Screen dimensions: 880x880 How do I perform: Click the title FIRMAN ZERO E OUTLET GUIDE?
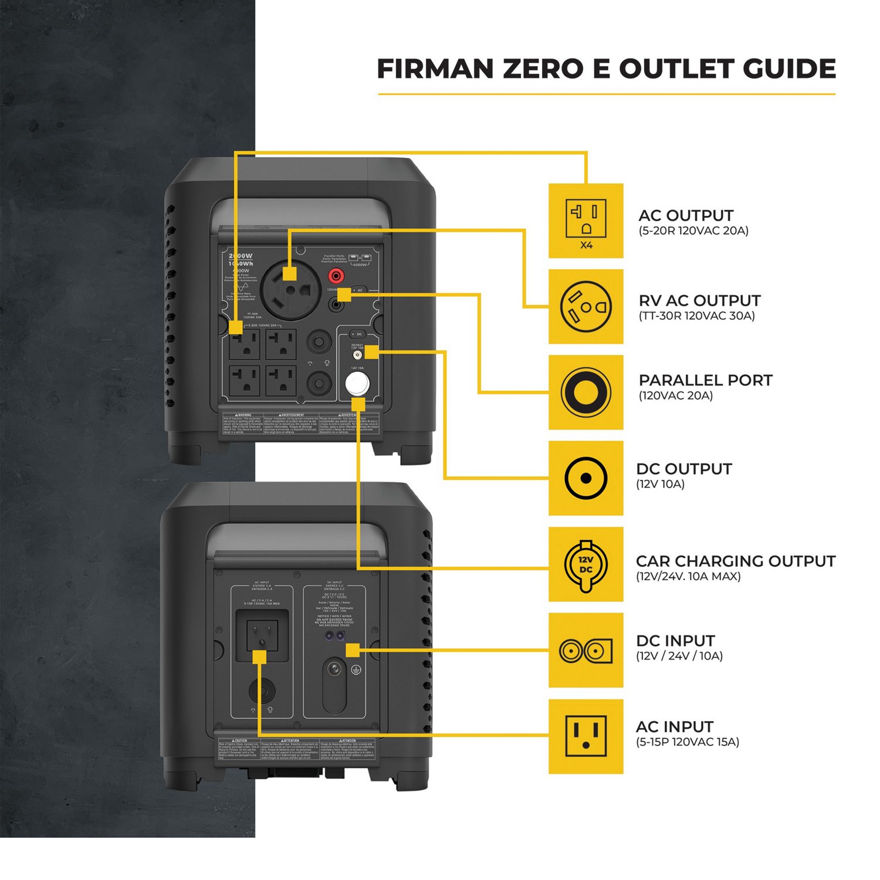(x=606, y=69)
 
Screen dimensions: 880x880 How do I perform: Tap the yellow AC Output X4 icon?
(x=585, y=221)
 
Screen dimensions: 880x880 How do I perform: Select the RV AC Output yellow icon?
(x=585, y=306)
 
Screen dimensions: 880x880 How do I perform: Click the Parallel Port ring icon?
(x=585, y=392)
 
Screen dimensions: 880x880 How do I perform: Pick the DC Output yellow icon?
(x=585, y=478)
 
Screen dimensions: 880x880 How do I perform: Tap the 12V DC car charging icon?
(x=585, y=564)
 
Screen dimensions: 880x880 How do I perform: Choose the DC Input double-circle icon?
(x=585, y=650)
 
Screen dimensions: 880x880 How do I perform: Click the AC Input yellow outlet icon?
(x=585, y=736)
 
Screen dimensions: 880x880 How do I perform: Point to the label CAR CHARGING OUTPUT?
(x=735, y=561)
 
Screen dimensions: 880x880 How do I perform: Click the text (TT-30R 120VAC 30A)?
(x=696, y=316)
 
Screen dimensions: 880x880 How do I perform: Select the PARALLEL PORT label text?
(x=705, y=380)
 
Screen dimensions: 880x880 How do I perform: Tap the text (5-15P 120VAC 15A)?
(x=687, y=742)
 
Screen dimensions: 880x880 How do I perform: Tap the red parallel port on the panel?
(x=336, y=275)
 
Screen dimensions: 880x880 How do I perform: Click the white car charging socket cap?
(x=357, y=384)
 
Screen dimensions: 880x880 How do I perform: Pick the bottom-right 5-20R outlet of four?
(x=281, y=381)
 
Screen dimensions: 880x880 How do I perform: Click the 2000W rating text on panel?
(x=241, y=256)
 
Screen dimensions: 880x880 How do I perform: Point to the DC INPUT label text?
(x=675, y=641)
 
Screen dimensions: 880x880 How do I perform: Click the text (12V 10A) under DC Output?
(x=660, y=485)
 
